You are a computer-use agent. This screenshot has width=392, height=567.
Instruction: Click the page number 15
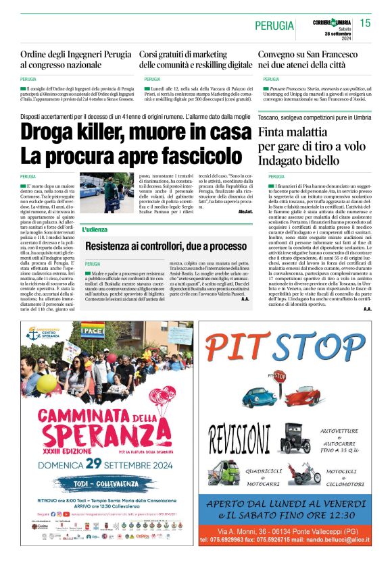[x=365, y=24]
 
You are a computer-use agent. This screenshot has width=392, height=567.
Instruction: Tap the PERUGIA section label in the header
[x=274, y=26]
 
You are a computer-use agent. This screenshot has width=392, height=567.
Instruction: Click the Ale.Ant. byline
[x=245, y=211]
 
